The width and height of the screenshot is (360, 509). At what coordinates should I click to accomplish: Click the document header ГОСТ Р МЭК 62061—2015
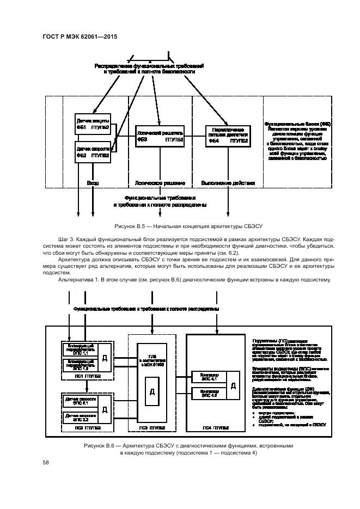(80, 36)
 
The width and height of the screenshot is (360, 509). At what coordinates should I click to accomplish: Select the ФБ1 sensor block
(93, 124)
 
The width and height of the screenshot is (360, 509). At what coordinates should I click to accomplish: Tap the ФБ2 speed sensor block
(93, 152)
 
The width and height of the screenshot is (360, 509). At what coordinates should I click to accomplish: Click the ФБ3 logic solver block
(160, 136)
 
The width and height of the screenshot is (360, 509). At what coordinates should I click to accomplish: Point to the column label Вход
(93, 183)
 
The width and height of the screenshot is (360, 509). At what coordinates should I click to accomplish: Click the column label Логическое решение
(160, 183)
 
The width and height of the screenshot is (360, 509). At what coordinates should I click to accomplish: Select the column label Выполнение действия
(228, 183)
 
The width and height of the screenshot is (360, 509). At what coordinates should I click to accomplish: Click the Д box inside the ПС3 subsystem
(152, 392)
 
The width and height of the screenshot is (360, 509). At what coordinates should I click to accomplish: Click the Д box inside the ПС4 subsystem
(233, 385)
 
